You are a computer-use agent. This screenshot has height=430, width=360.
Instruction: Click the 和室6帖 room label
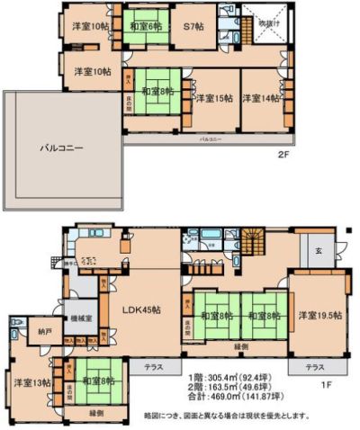[x=145, y=28]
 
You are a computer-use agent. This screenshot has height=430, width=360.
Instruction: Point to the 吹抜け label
[x=267, y=22]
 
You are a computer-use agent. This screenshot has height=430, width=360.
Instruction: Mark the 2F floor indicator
[x=282, y=155]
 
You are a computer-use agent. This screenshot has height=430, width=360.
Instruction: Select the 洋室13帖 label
[x=30, y=382]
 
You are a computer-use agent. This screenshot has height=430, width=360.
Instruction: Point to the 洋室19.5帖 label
[x=319, y=316]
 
